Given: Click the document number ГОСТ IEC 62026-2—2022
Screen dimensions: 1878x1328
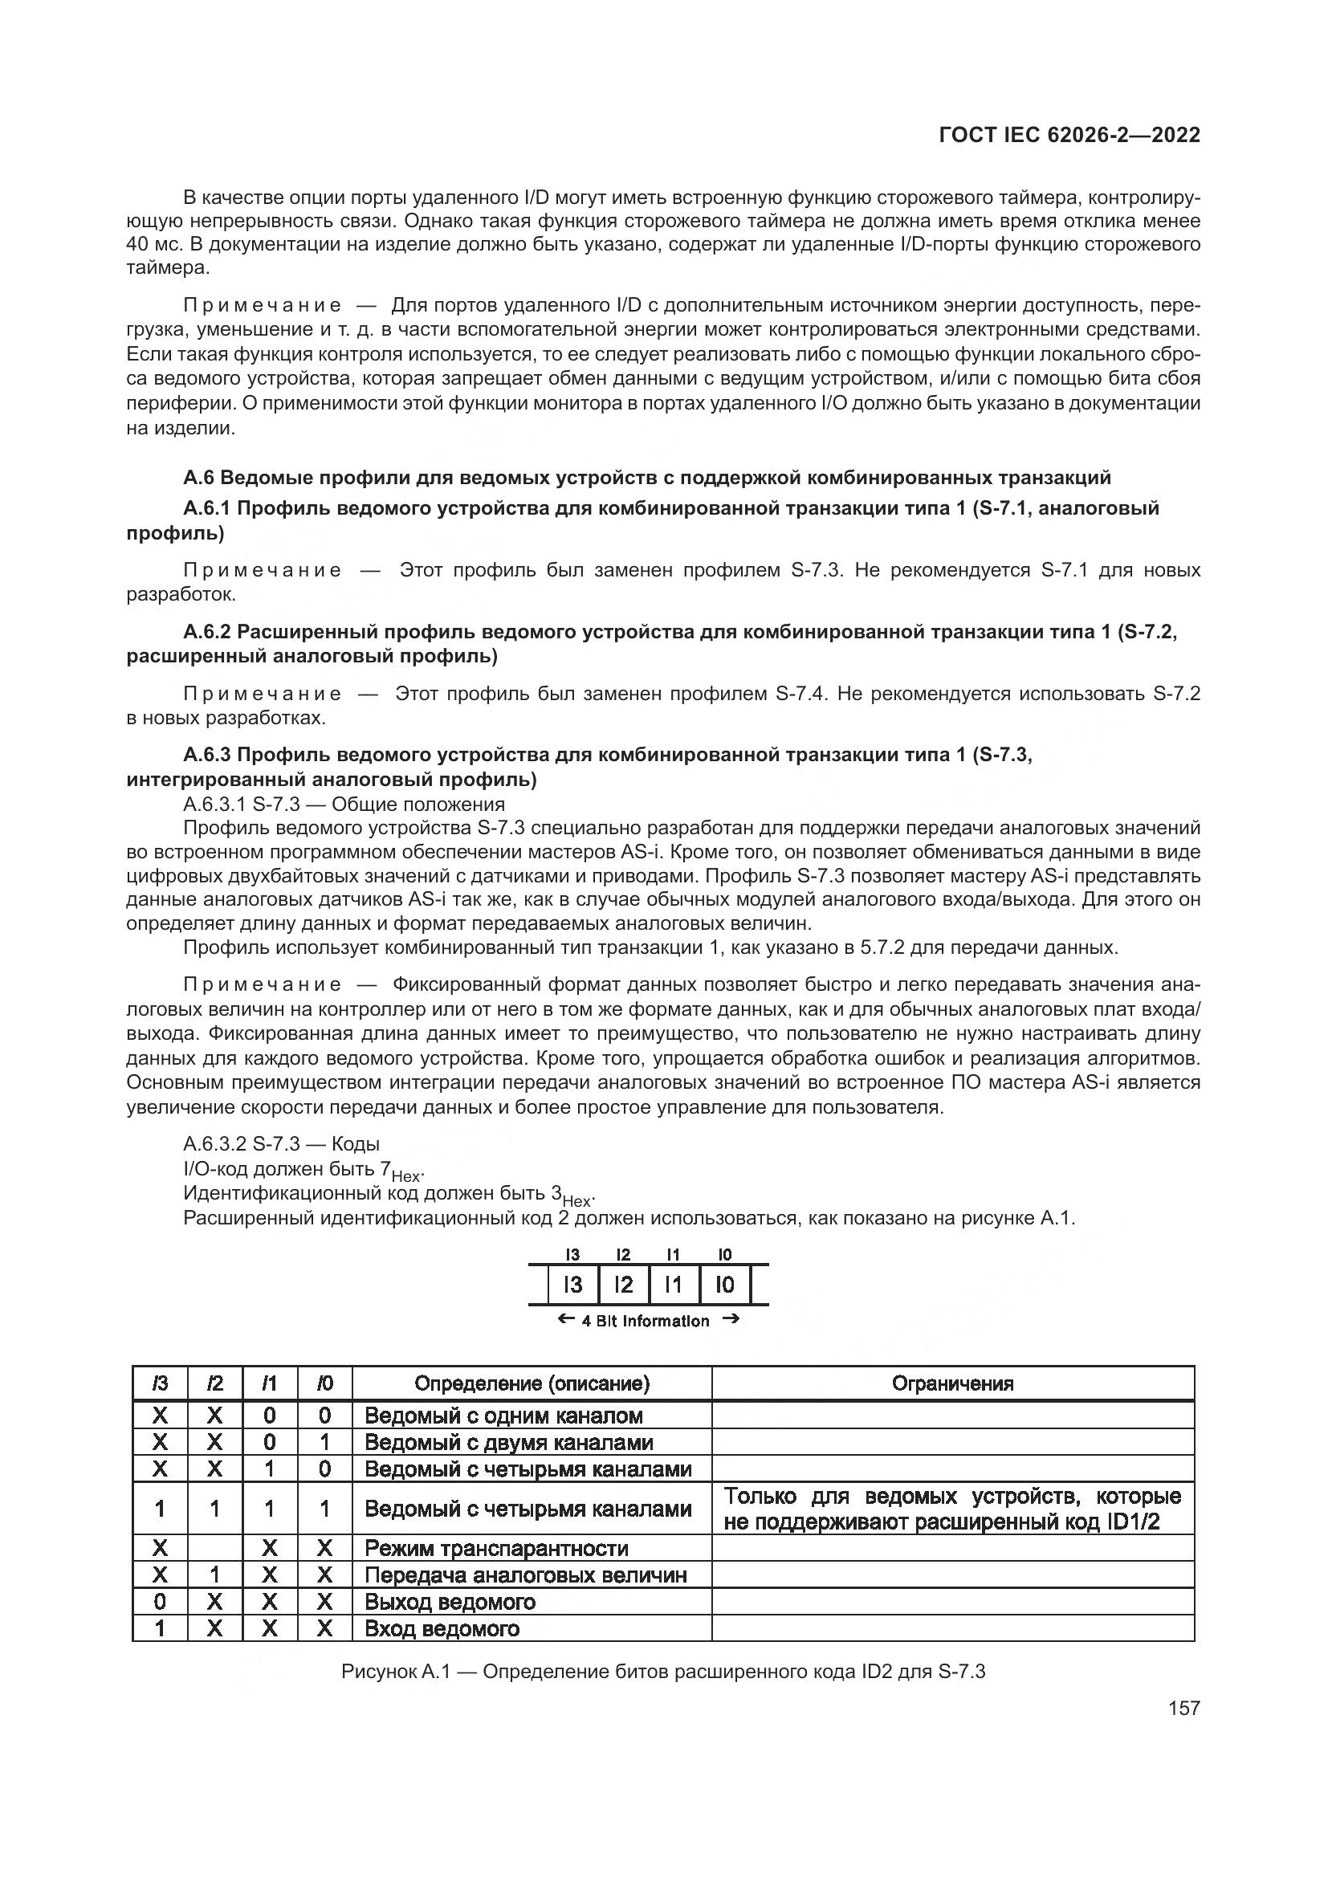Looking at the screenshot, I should point(1069,135).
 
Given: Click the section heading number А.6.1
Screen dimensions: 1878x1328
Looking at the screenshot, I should point(208,508).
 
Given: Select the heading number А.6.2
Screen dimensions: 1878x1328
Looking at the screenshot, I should point(208,631).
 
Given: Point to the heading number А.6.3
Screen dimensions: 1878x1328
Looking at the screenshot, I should point(208,754).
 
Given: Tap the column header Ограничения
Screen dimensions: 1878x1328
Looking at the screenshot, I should point(953,1383).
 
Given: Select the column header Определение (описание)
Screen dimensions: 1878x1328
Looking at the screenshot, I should point(532,1383).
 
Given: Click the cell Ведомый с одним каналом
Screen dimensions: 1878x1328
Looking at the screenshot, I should point(503,1416).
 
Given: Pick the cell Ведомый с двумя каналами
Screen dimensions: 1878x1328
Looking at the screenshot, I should point(507,1442).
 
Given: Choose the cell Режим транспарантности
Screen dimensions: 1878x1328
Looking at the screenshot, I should point(495,1548).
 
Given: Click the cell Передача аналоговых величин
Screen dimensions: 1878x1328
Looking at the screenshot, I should point(525,1575).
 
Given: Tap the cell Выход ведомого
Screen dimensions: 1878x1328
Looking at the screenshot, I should point(450,1602).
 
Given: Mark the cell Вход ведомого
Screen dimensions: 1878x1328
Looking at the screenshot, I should point(442,1628).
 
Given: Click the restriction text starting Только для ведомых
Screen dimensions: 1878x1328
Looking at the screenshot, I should point(953,1509).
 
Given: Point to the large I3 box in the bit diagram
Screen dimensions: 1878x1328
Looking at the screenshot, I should point(572,1285).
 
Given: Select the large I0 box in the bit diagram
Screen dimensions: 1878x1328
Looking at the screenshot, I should point(724,1285).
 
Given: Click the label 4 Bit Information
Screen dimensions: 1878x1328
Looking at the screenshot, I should point(646,1321).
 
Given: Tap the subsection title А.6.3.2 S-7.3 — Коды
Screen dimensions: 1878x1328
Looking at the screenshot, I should point(281,1143).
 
